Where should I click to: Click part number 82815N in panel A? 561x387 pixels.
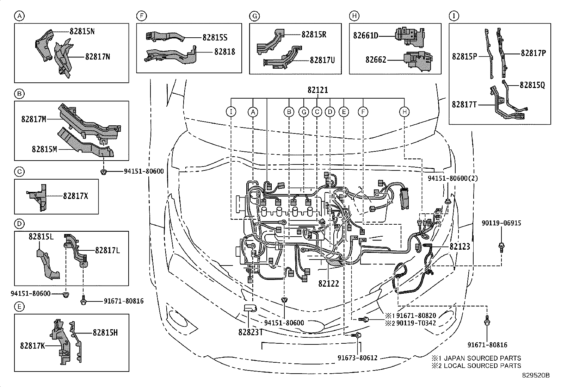(x=82, y=31)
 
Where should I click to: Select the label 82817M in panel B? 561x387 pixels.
(x=34, y=119)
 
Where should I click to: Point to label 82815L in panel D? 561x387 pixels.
(x=41, y=237)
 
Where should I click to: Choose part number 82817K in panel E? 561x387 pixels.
(x=32, y=346)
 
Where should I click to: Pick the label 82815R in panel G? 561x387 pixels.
(x=314, y=34)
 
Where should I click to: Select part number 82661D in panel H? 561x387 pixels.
(x=366, y=36)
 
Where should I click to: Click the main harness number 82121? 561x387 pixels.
(x=318, y=90)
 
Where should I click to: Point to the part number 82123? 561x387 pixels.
(x=460, y=246)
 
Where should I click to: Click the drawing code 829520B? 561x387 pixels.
(x=536, y=375)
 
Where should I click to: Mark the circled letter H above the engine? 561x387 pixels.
(x=404, y=112)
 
